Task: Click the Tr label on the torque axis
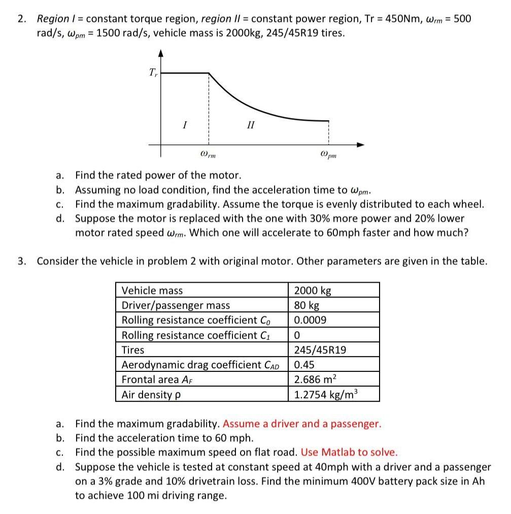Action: (x=153, y=73)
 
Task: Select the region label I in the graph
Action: (x=185, y=123)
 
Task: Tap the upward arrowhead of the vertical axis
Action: (x=161, y=52)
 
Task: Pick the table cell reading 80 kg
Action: (x=306, y=305)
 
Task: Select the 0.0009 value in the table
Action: (x=310, y=320)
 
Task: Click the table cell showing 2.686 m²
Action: (x=315, y=380)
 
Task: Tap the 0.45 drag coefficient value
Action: (x=303, y=365)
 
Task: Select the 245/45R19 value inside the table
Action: (x=320, y=350)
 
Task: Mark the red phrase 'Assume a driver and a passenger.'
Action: (x=301, y=424)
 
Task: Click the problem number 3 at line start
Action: (x=21, y=261)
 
